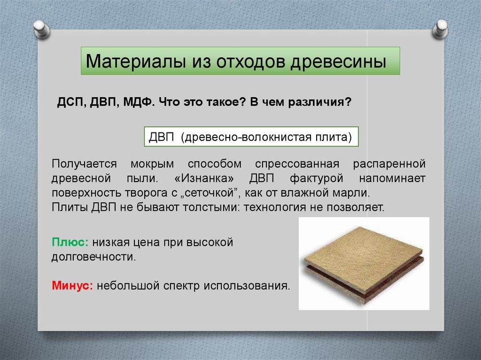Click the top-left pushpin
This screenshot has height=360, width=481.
point(42,29)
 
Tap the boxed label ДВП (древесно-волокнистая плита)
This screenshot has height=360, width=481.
point(251,137)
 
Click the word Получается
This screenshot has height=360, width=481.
point(84,164)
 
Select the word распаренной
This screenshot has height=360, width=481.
point(389,164)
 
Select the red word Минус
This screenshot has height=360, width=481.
point(72,285)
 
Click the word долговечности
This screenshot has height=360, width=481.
point(93,257)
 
